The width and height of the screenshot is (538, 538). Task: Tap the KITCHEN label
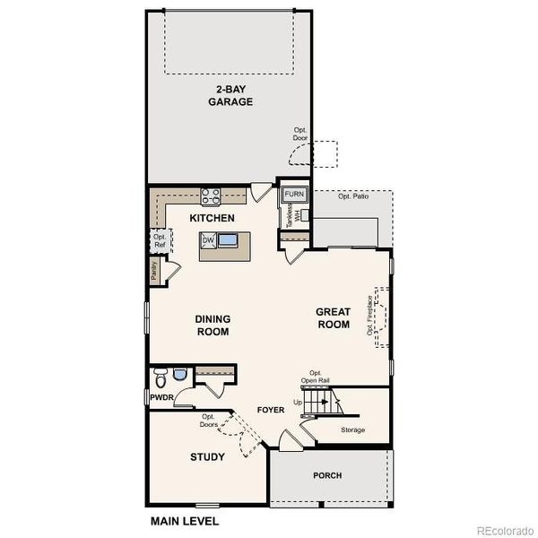pyautogui.click(x=213, y=218)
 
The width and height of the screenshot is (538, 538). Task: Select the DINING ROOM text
pyautogui.click(x=213, y=325)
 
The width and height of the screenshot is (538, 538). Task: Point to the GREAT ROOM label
pyautogui.click(x=334, y=318)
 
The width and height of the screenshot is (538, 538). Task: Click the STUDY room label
pyautogui.click(x=207, y=457)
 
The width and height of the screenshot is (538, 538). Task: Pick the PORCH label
pyautogui.click(x=326, y=475)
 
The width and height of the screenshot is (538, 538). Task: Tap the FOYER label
pyautogui.click(x=271, y=410)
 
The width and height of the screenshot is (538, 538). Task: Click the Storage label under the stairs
pyautogui.click(x=353, y=430)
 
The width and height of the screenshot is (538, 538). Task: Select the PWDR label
pyautogui.click(x=161, y=396)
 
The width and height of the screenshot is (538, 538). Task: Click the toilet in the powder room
pyautogui.click(x=161, y=375)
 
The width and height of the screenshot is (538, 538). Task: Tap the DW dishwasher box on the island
pyautogui.click(x=208, y=240)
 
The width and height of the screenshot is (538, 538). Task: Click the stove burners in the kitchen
pyautogui.click(x=211, y=195)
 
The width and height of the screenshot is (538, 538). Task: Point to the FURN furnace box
pyautogui.click(x=294, y=194)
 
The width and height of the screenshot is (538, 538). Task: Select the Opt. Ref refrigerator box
pyautogui.click(x=159, y=239)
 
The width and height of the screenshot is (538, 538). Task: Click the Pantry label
pyautogui.click(x=155, y=272)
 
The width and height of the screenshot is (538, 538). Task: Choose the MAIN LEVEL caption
pyautogui.click(x=183, y=520)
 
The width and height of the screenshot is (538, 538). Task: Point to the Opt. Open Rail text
pyautogui.click(x=316, y=377)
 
